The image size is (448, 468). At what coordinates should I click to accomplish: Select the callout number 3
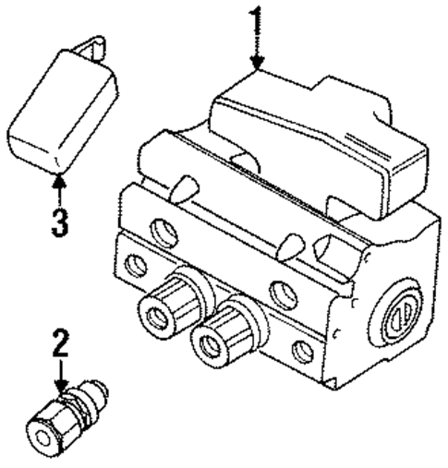click(59, 222)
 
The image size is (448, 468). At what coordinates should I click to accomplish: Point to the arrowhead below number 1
click(259, 65)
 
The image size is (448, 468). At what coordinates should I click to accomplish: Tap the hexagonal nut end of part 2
click(46, 427)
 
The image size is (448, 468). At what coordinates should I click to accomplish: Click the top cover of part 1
click(305, 138)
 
